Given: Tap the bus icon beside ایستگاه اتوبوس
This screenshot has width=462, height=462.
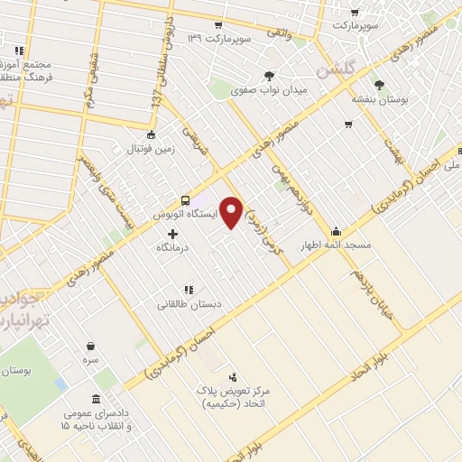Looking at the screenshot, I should [185, 200].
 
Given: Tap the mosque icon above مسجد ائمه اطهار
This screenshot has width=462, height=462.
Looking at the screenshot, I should [337, 230].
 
